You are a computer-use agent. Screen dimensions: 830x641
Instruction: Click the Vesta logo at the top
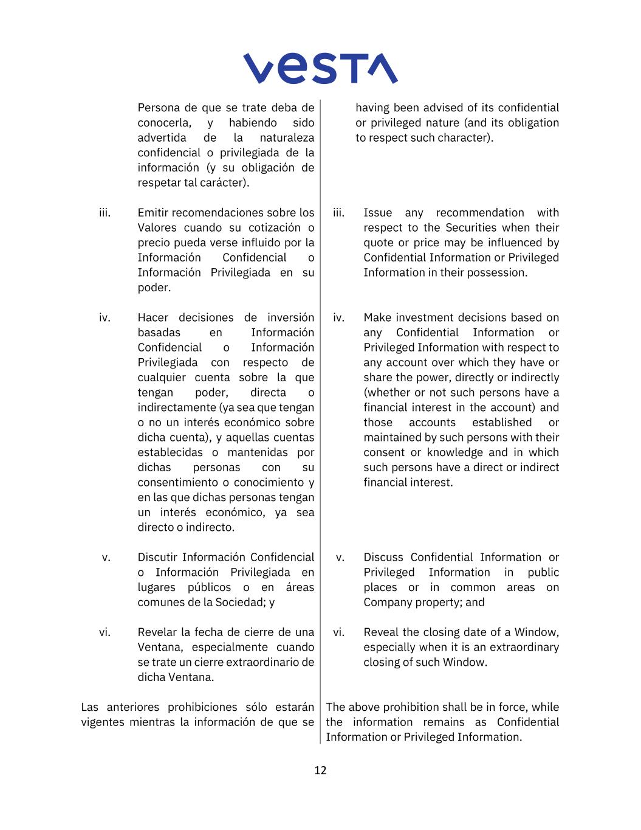(320, 68)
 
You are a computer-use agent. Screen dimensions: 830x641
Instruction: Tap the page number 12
(320, 770)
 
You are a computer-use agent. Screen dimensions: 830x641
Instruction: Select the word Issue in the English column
(377, 213)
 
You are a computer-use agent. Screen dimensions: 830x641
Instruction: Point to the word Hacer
(153, 317)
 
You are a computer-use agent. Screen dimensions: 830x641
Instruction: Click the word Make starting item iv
(377, 317)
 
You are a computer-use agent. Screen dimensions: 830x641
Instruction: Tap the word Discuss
(383, 557)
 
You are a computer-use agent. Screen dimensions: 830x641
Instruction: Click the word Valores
(157, 227)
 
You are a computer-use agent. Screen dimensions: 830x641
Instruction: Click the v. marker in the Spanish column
(106, 558)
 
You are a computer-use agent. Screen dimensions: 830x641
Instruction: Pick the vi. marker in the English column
(338, 632)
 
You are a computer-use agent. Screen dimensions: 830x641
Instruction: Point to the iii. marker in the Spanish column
(105, 213)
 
